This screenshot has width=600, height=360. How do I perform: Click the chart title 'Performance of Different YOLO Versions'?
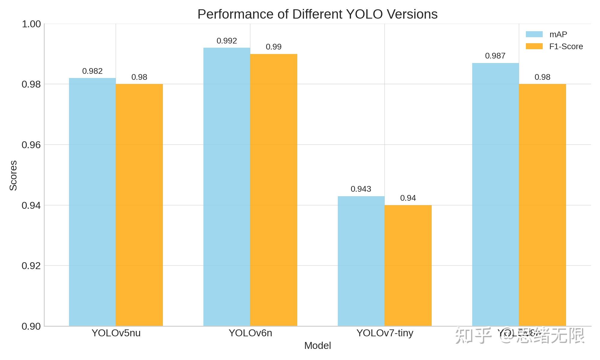pos(317,14)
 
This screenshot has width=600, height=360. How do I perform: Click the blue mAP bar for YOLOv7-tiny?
pos(361,261)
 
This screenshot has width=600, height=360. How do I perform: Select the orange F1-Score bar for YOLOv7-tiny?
pos(408,265)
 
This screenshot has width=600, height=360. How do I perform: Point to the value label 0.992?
pos(227,41)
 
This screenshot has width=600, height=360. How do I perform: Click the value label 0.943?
pos(361,189)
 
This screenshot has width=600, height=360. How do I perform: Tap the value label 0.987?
pos(495,56)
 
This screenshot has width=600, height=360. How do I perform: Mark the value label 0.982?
pos(92,71)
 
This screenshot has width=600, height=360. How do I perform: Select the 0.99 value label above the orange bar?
pos(274,47)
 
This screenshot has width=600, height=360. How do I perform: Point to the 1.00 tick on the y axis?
pos(31,24)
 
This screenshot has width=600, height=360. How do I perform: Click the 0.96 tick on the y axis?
pos(31,145)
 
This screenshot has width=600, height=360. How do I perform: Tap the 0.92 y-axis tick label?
pos(31,266)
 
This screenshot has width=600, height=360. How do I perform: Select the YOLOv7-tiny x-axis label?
pos(385,333)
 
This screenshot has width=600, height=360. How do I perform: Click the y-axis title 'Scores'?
pos(13,175)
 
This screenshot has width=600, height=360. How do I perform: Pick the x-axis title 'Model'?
pos(317,346)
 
